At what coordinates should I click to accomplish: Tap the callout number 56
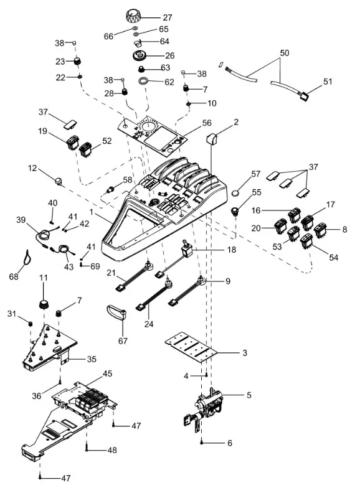[x=206, y=123]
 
